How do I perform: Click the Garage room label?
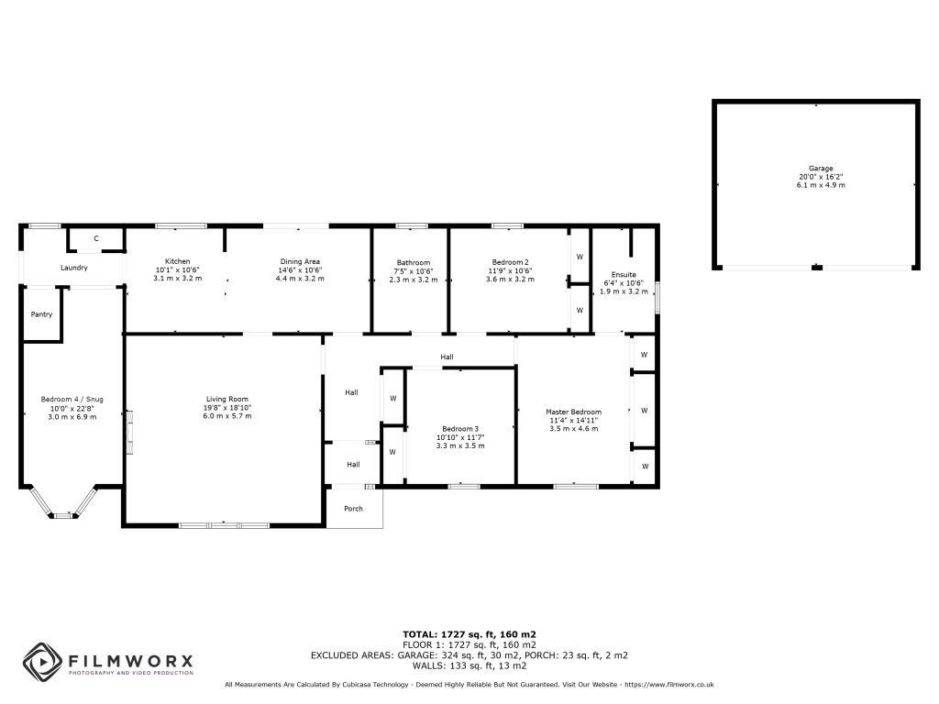pyautogui.click(x=821, y=169)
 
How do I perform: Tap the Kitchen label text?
pyautogui.click(x=177, y=261)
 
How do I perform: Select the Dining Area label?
pyautogui.click(x=300, y=261)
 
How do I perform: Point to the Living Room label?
pyautogui.click(x=227, y=400)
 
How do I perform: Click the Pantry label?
pyautogui.click(x=41, y=314)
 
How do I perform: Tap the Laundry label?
pyautogui.click(x=73, y=268)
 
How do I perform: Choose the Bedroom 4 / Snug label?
pyautogui.click(x=72, y=400)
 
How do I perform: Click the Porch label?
pyautogui.click(x=353, y=509)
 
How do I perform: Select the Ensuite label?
pyautogui.click(x=624, y=275)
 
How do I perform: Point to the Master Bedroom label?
pyautogui.click(x=574, y=412)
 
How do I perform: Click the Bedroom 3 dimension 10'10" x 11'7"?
pyautogui.click(x=460, y=437)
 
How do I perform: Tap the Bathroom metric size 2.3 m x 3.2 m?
pyautogui.click(x=414, y=280)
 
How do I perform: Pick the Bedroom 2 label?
pyautogui.click(x=510, y=262)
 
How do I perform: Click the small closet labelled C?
pyautogui.click(x=95, y=239)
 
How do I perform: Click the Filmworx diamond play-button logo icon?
pyautogui.click(x=42, y=662)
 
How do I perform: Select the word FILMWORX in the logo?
pyautogui.click(x=130, y=661)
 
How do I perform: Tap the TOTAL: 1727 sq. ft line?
pyautogui.click(x=469, y=634)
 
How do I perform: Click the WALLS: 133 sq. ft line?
pyautogui.click(x=469, y=665)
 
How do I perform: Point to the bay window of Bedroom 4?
pyautogui.click(x=63, y=504)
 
